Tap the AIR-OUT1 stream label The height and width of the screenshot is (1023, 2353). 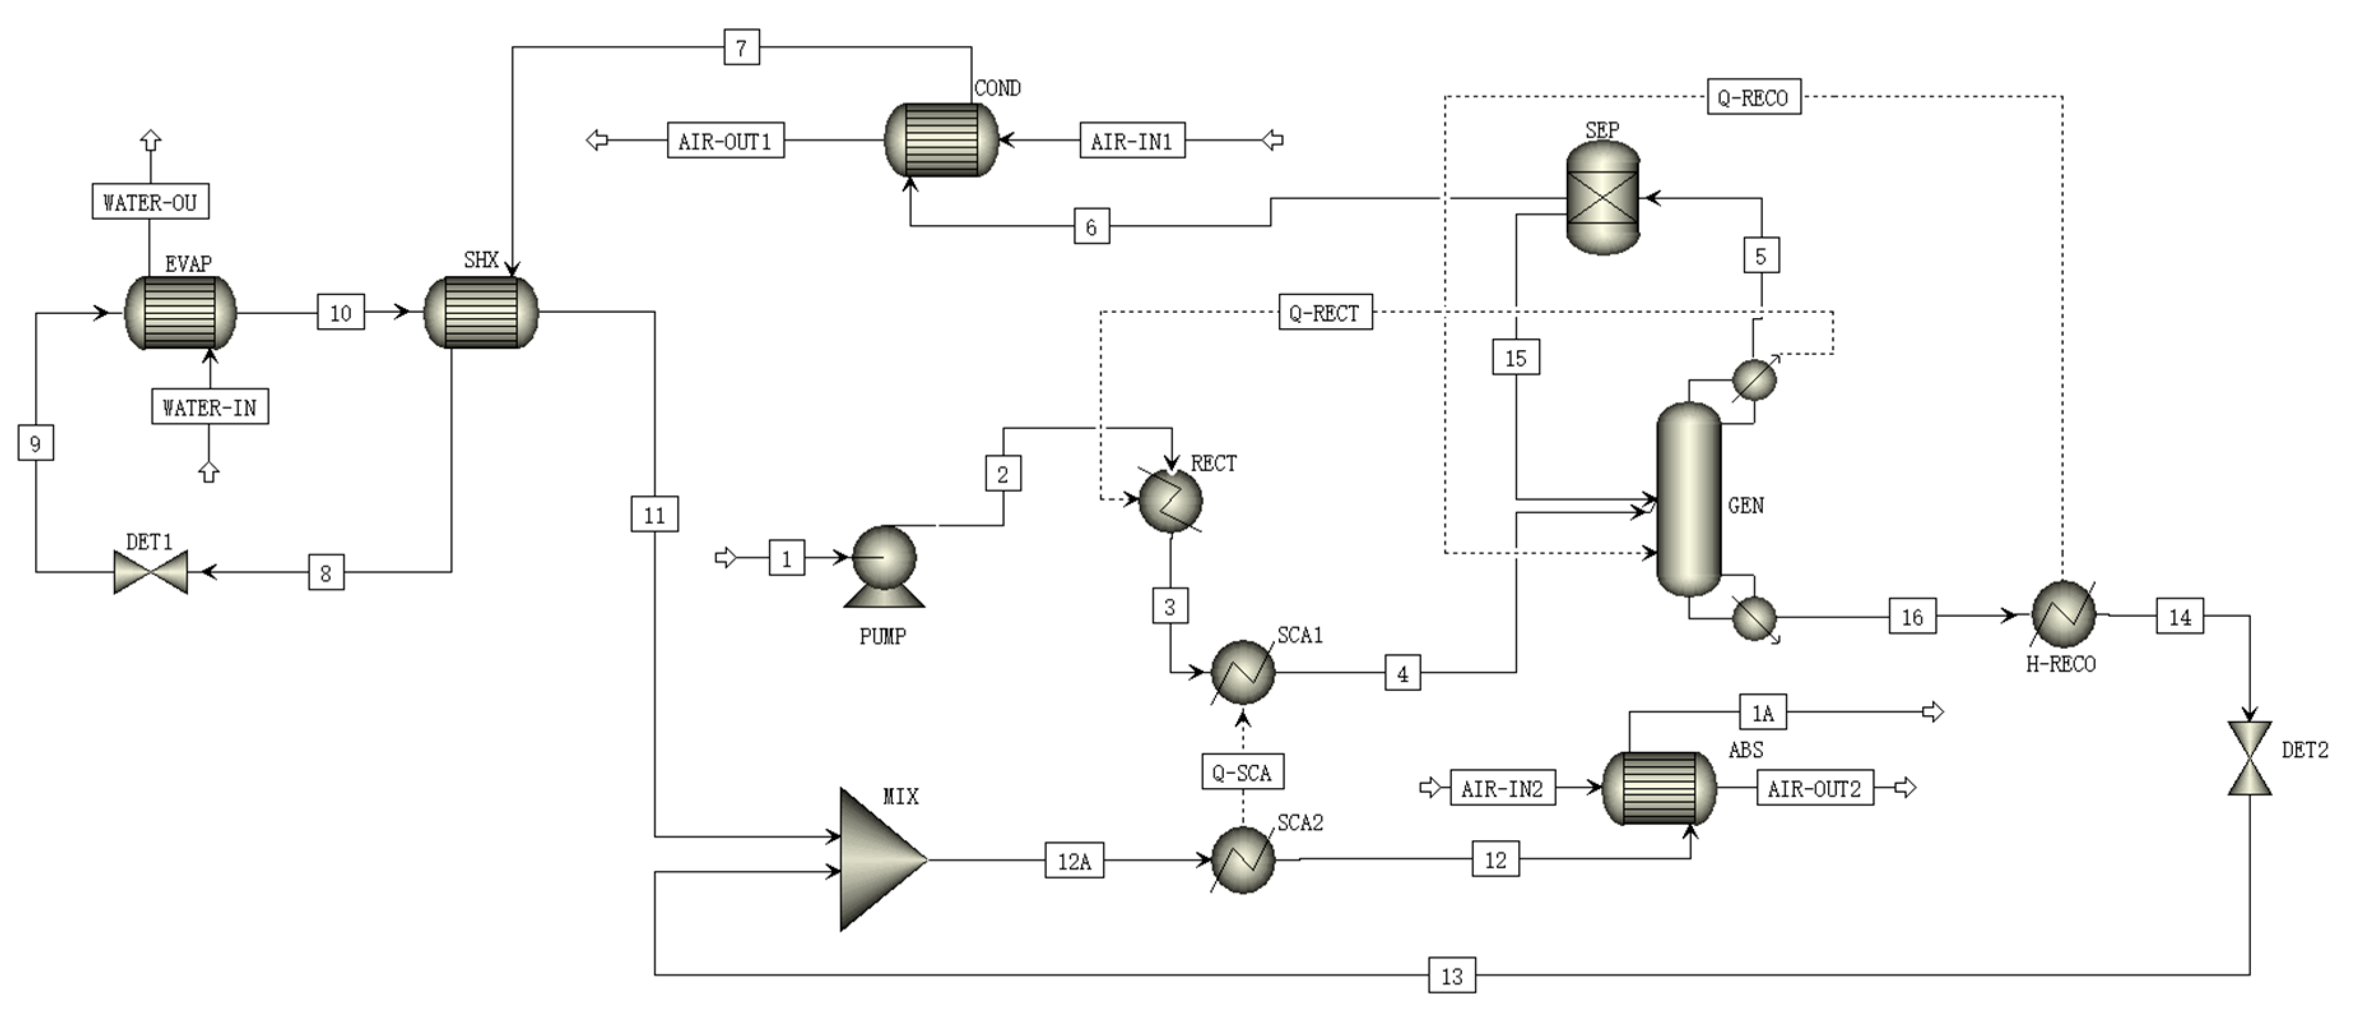coord(725,141)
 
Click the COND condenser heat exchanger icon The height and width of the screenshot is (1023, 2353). coord(942,140)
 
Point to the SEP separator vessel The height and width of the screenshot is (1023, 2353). coord(1602,198)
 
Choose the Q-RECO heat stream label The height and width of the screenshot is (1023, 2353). coord(1753,97)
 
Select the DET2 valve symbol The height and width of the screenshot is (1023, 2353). coord(2249,757)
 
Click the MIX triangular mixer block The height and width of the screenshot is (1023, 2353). coord(879,859)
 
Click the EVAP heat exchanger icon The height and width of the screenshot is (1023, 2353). coord(180,312)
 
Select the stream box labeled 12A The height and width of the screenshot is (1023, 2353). coord(1074,860)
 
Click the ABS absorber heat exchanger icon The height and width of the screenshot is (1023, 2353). coord(1659,787)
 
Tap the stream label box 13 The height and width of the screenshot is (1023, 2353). coord(1451,975)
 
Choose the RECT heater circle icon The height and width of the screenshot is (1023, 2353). coord(1170,500)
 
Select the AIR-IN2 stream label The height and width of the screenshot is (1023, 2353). coord(1502,787)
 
